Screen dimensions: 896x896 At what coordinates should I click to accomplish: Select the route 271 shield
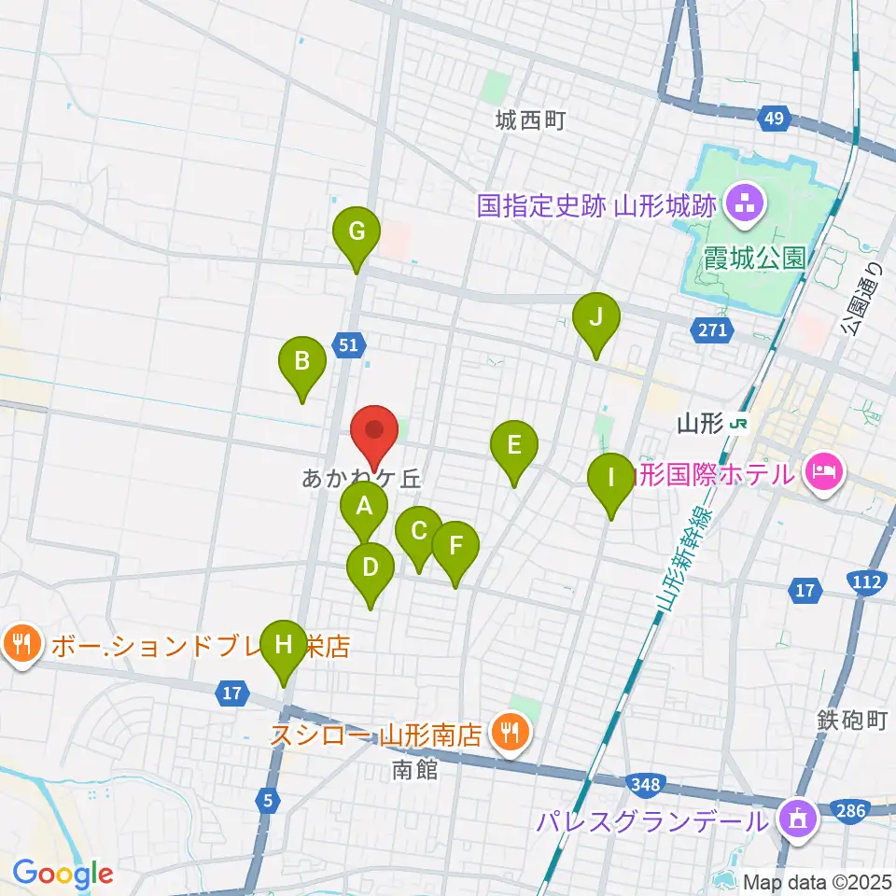pyautogui.click(x=712, y=329)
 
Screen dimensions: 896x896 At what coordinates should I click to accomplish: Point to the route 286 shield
pyautogui.click(x=849, y=811)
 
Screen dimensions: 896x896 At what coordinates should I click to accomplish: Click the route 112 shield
pyautogui.click(x=867, y=583)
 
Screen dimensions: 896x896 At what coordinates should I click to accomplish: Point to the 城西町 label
pyautogui.click(x=531, y=120)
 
